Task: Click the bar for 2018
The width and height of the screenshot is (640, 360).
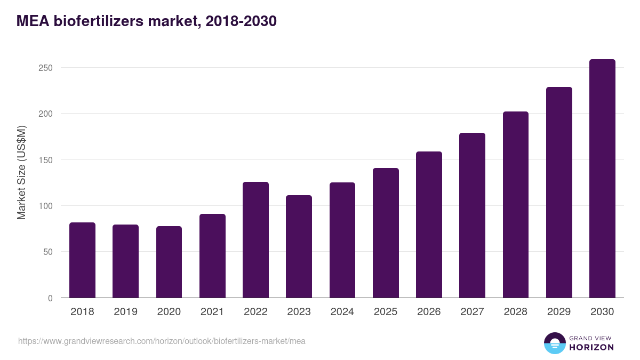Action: [x=82, y=260]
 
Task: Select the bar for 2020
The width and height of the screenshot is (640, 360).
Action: [x=169, y=262]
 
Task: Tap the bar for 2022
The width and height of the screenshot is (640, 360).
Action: [x=255, y=240]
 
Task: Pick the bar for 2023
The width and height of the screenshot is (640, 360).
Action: [x=299, y=246]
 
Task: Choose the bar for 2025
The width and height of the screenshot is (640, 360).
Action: [x=386, y=233]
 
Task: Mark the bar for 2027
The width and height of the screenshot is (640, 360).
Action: [x=472, y=215]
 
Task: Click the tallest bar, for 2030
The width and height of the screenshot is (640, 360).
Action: [x=602, y=179]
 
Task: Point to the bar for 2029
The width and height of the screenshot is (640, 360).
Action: [x=559, y=193]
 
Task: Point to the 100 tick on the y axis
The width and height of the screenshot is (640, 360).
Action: [x=46, y=206]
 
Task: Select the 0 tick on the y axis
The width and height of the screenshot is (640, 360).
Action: [x=51, y=298]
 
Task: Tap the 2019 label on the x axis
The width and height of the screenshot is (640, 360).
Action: [x=125, y=312]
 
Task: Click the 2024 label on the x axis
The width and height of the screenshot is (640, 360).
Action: [x=342, y=312]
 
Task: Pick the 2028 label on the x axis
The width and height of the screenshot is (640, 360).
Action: [x=515, y=312]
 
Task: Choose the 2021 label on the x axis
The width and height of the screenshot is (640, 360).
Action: [x=212, y=312]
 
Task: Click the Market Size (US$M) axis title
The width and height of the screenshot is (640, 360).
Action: [x=21, y=172]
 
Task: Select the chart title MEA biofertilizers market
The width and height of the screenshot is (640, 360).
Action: [x=146, y=21]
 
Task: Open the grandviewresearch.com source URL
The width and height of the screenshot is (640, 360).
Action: [x=162, y=341]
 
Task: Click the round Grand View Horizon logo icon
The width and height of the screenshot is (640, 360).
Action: [x=555, y=343]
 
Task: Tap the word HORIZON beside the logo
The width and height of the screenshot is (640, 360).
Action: [x=591, y=347]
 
